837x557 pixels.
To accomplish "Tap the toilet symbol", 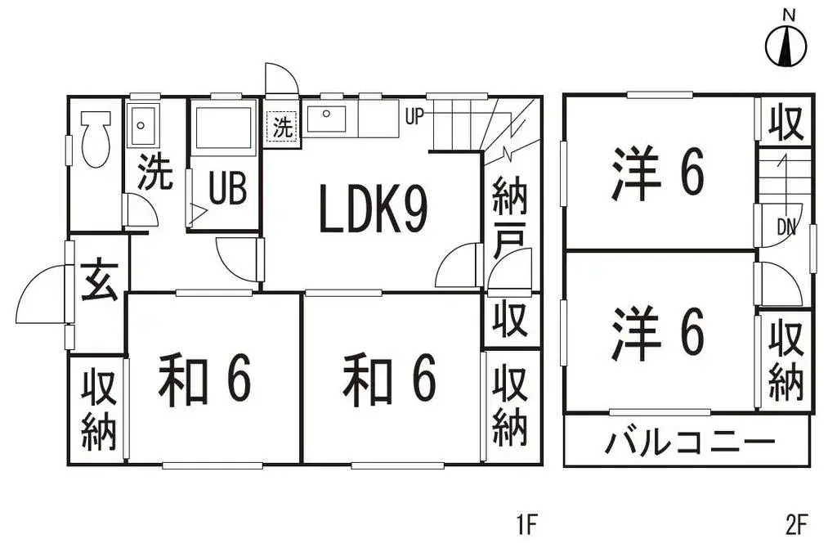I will coord(96,139).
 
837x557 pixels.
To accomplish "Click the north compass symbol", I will coord(786,46).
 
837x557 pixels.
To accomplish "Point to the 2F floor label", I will coord(797,524).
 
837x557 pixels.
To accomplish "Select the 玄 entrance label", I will coord(99,279).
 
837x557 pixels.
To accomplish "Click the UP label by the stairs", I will coord(414,116).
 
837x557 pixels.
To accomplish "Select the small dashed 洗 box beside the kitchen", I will coord(282,127).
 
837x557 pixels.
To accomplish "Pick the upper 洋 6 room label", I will coord(658,174).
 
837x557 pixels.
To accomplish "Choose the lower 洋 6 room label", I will coord(658,334).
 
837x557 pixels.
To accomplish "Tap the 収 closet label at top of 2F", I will coord(786,123).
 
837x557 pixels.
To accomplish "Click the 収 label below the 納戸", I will coord(510,320).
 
